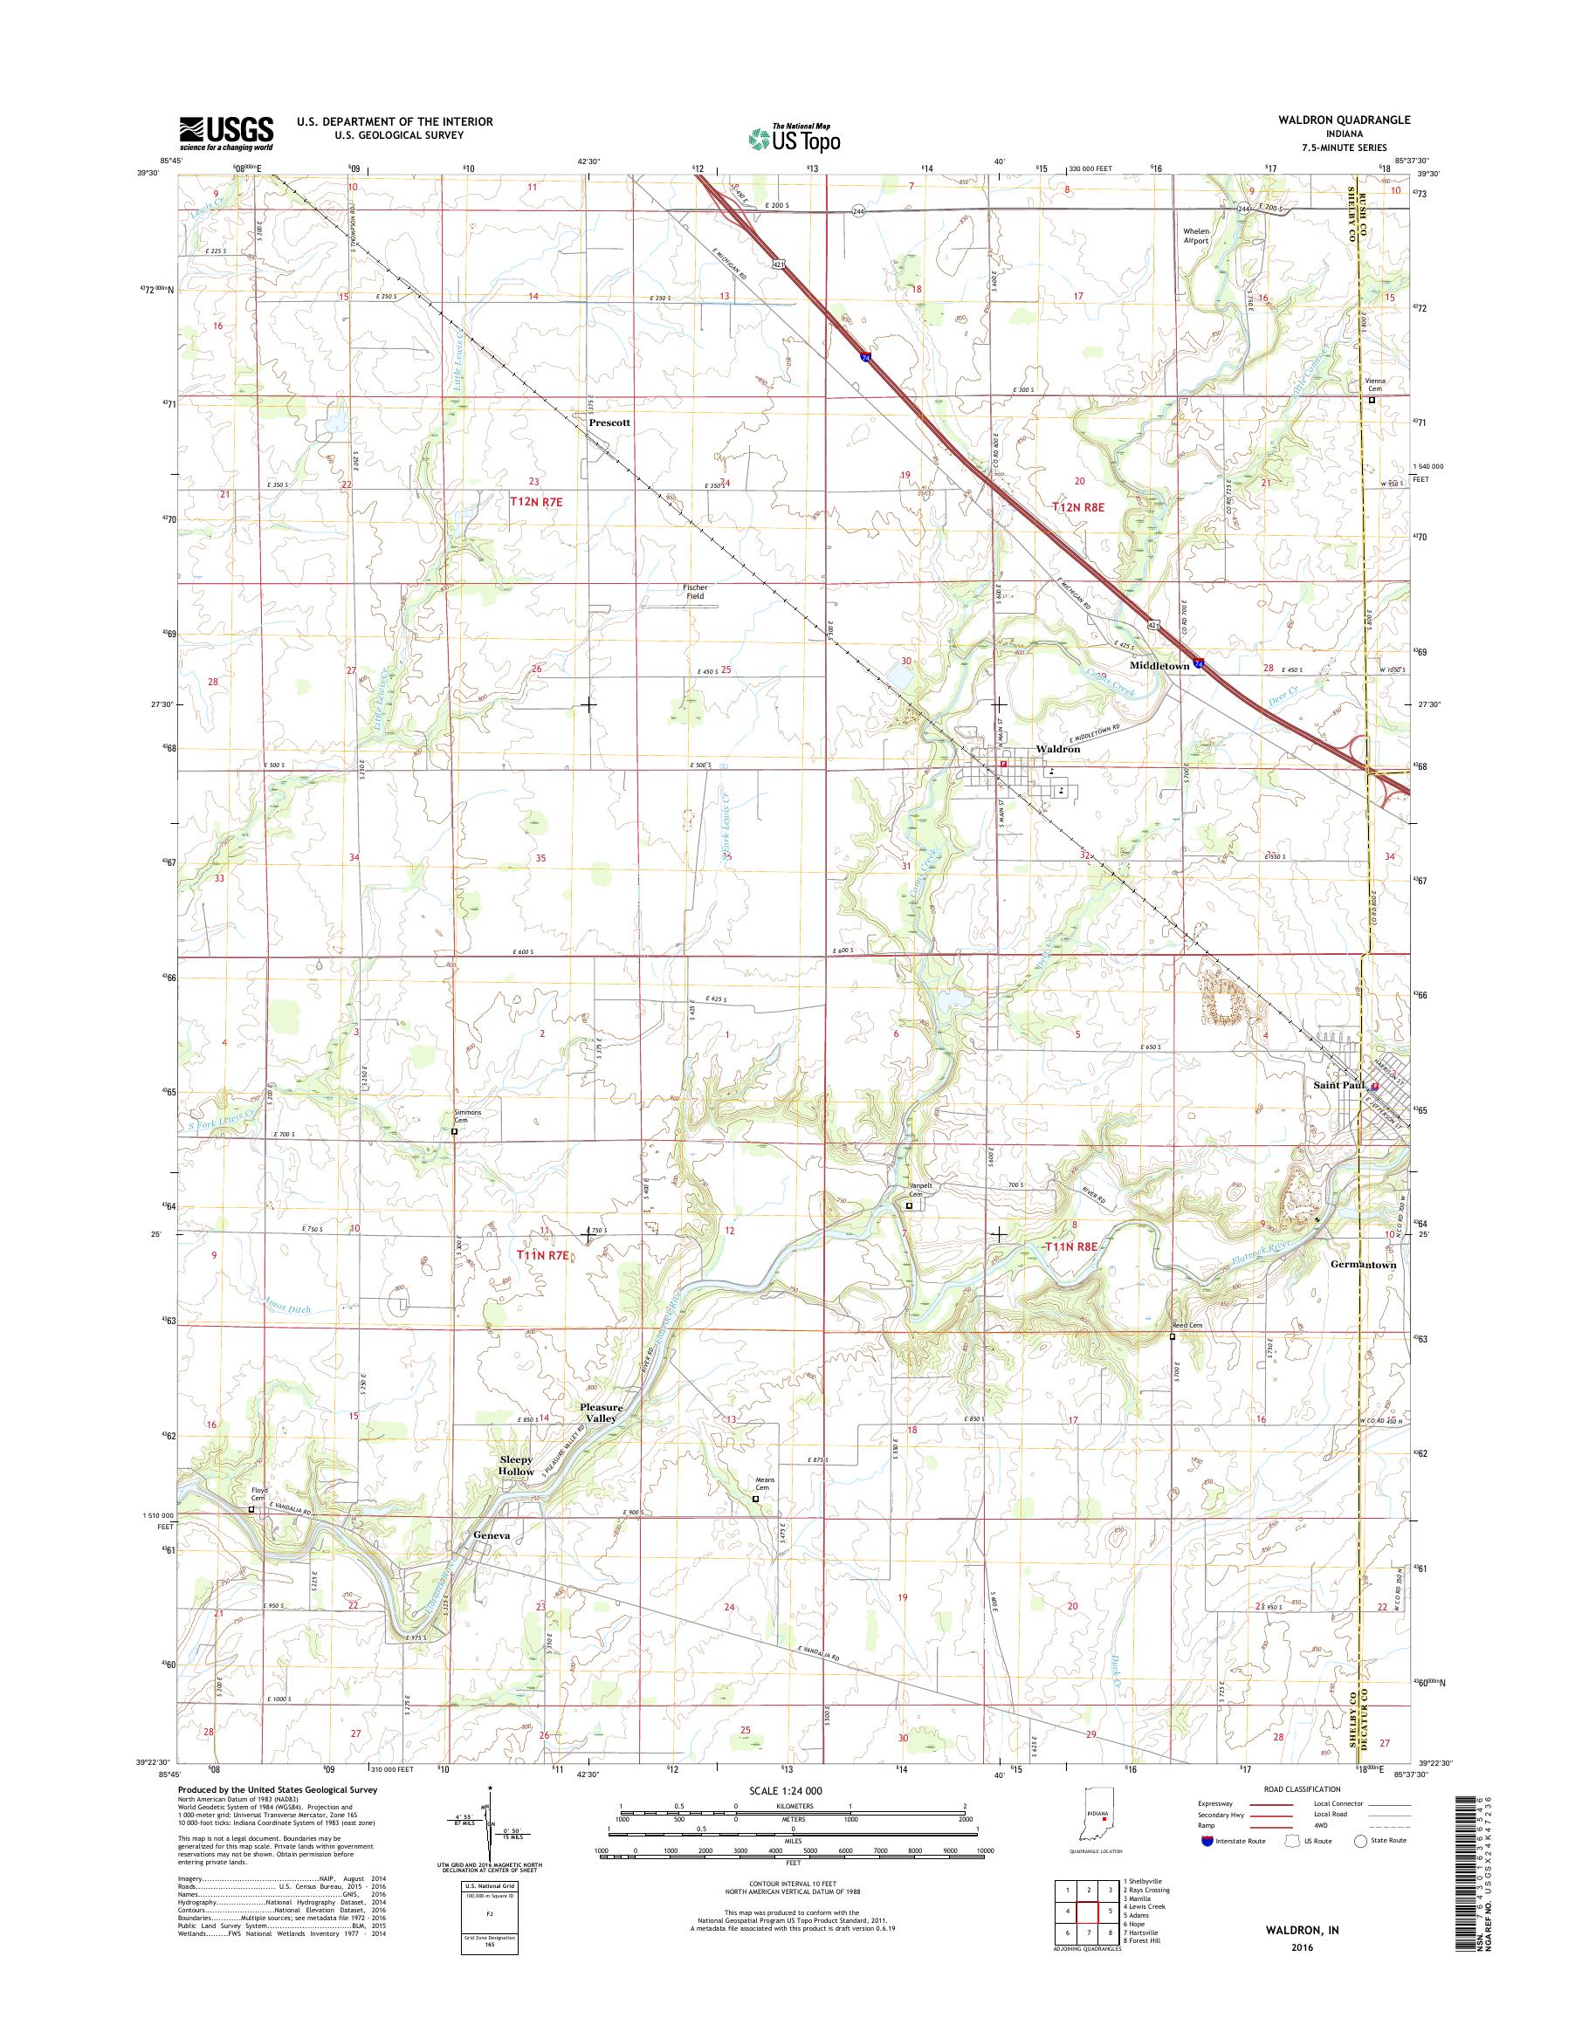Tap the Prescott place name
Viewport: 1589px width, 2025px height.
click(609, 422)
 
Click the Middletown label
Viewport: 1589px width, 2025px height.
click(1159, 666)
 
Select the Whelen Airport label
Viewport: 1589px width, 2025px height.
click(1195, 236)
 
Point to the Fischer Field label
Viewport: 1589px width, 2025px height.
click(695, 591)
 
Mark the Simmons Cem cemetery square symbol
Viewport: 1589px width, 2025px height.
click(454, 1132)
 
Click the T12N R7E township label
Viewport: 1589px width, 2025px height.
click(538, 501)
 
